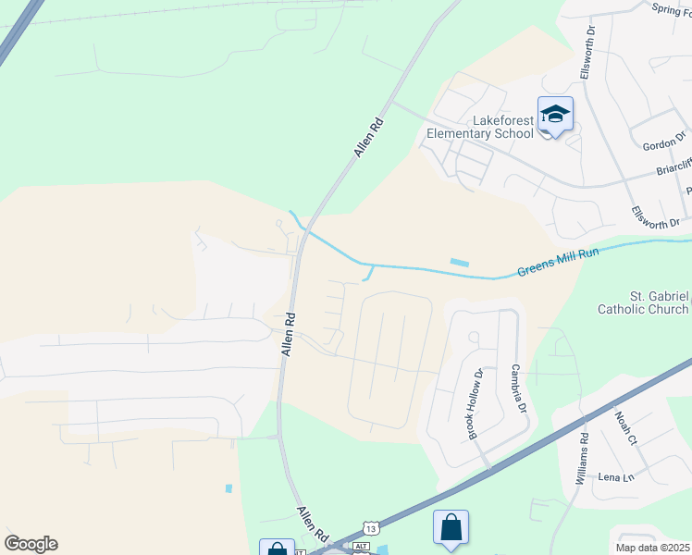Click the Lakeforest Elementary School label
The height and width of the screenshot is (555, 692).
coord(480,127)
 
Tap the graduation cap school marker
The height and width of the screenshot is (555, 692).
coord(555,115)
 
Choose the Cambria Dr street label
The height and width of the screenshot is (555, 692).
coord(517,389)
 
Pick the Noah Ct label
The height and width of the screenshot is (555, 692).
coord(626,427)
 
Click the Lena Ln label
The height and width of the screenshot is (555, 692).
coord(615,477)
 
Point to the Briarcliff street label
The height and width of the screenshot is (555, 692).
coord(673,166)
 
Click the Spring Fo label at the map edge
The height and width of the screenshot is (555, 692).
coord(671,9)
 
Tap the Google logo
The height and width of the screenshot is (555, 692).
coord(31,544)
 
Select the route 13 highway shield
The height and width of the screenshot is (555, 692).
coord(370,527)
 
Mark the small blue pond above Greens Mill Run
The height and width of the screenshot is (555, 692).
coord(459,263)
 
